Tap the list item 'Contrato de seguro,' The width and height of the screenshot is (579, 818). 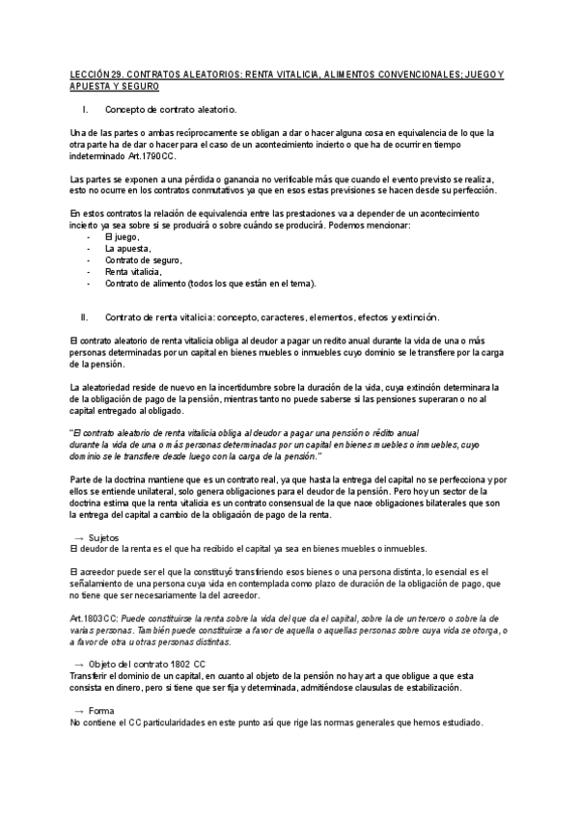click(144, 260)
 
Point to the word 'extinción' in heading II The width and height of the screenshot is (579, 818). click(417, 316)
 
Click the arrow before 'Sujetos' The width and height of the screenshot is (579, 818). click(78, 536)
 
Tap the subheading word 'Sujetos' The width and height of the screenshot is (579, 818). click(103, 536)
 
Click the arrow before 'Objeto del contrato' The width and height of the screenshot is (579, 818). click(78, 665)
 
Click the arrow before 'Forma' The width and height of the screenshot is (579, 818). click(78, 711)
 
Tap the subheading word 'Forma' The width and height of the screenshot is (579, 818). click(100, 711)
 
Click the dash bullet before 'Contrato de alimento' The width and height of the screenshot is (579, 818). click(90, 284)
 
